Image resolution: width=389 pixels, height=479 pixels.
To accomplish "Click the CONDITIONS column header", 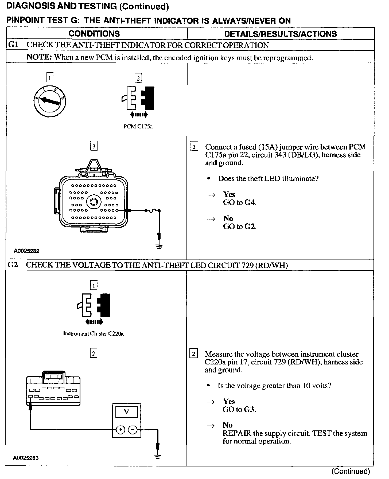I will [94, 34].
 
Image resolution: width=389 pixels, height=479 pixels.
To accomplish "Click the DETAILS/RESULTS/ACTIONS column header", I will [280, 34].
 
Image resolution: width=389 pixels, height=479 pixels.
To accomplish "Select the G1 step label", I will [13, 45].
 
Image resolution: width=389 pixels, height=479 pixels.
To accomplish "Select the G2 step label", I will [13, 265].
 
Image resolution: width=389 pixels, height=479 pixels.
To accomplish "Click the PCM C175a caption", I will [138, 127].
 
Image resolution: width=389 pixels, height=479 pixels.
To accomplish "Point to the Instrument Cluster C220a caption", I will [93, 333].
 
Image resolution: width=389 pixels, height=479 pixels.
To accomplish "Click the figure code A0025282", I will [27, 251].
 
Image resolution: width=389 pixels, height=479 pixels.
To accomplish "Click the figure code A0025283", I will [26, 458].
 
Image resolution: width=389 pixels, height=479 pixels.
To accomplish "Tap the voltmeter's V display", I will [126, 412].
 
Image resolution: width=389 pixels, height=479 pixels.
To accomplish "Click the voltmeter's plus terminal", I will [120, 430].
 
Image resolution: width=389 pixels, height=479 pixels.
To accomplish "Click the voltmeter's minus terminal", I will [133, 430].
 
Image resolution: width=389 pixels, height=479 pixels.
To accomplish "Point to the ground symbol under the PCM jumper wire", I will [159, 246].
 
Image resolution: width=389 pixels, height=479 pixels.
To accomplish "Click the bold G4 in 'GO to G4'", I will [250, 203].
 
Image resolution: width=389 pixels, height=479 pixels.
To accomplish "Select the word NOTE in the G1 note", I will [39, 57].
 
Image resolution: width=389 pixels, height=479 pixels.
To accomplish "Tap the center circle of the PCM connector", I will [94, 202].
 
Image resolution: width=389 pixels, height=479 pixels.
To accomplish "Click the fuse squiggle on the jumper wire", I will [152, 211].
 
